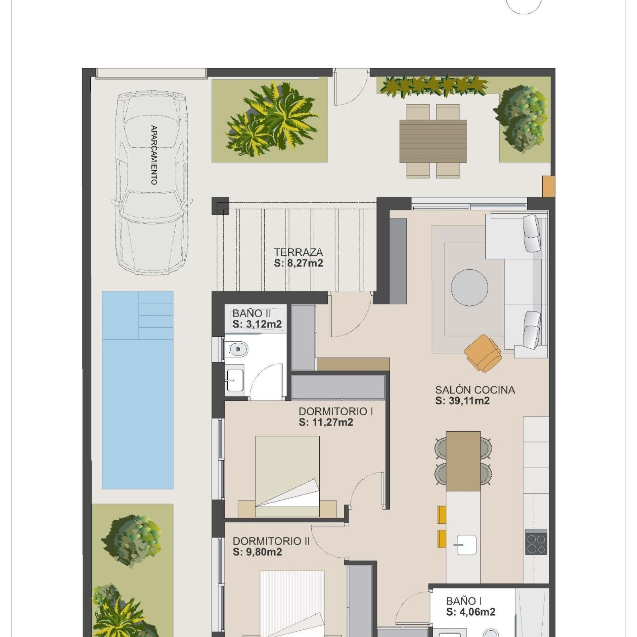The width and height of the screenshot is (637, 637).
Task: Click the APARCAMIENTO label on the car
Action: click(154, 155)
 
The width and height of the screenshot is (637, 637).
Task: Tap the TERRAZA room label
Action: click(298, 252)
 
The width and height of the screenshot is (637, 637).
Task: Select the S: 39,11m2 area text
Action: click(462, 401)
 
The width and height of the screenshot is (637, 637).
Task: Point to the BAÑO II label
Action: click(252, 313)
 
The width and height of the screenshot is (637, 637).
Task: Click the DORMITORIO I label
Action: click(336, 411)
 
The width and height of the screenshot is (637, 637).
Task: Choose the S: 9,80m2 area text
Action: click(257, 552)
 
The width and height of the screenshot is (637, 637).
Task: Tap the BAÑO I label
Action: click(464, 601)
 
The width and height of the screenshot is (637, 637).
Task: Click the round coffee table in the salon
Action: click(469, 287)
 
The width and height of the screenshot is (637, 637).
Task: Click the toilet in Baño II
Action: click(236, 350)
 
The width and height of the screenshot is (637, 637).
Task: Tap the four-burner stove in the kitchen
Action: click(536, 542)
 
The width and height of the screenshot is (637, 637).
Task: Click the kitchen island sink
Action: click(465, 545)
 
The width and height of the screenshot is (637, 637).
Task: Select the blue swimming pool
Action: click(137, 390)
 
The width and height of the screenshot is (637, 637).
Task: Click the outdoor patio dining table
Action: click(433, 141)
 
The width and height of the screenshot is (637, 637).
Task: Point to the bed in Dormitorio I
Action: click(287, 477)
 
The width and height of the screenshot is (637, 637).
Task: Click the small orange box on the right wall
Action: click(548, 186)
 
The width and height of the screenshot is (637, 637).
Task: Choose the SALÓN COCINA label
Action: click(475, 390)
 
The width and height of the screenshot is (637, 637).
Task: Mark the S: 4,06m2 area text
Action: click(471, 612)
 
